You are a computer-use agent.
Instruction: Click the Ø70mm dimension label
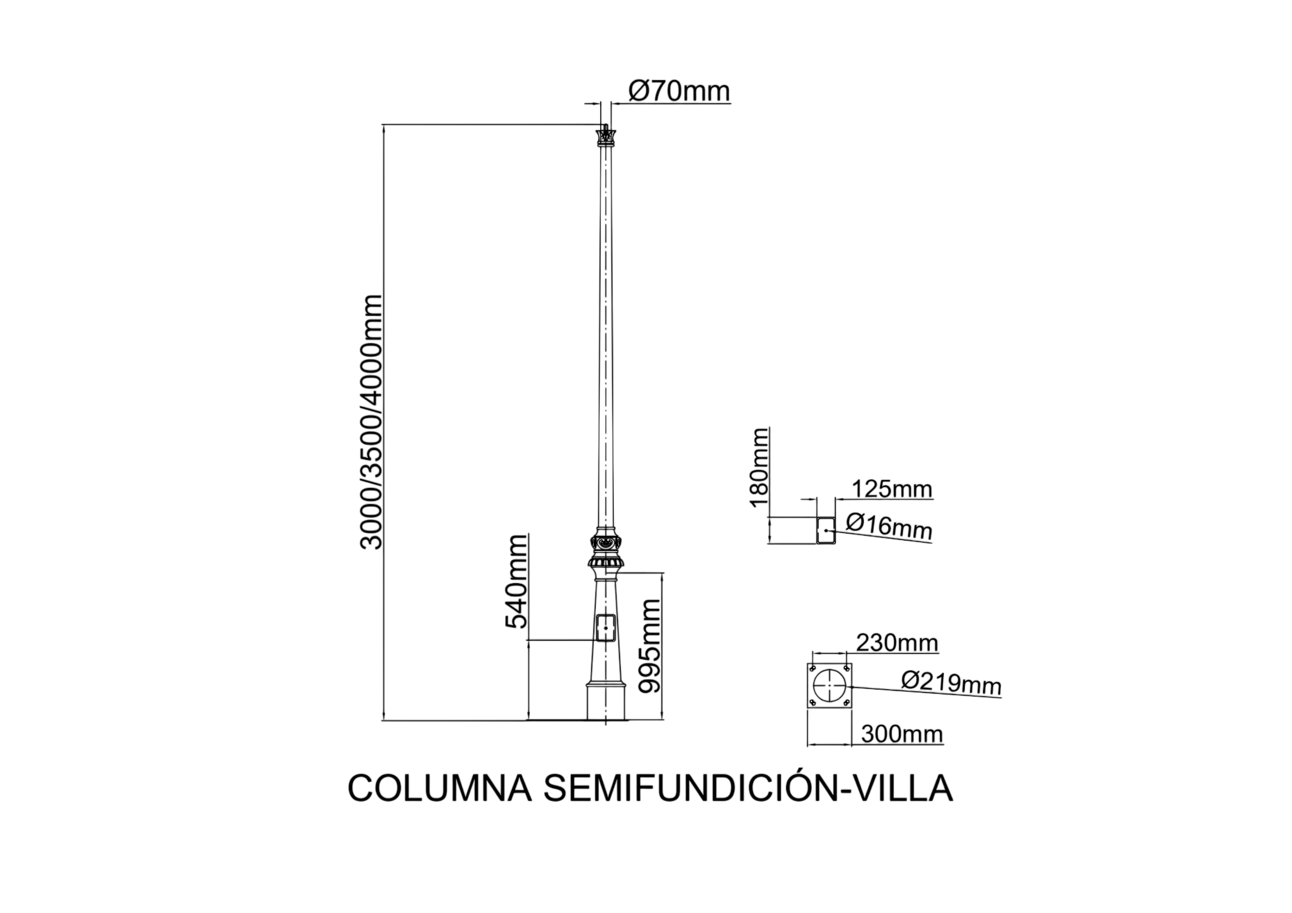coord(679,91)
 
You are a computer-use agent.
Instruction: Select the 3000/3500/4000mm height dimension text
coord(371,422)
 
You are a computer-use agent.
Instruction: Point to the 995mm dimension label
coord(649,646)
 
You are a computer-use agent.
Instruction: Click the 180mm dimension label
coord(759,468)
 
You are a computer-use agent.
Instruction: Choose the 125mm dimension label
coord(892,490)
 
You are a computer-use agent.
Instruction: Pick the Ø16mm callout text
coord(889,527)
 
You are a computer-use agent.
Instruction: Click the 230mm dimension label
coord(897,642)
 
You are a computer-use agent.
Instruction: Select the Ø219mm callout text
coord(951,683)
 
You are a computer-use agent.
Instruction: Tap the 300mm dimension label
coord(902,735)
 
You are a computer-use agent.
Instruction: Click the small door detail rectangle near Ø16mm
coord(826,530)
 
